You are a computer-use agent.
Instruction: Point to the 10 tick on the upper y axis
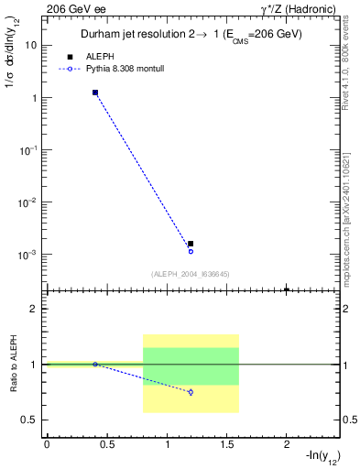[30, 45]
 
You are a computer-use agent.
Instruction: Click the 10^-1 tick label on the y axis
[28, 150]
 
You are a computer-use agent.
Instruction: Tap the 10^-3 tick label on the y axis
[28, 255]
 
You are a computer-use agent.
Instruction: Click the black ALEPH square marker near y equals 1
[95, 93]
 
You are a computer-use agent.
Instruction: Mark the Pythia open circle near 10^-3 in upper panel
[191, 251]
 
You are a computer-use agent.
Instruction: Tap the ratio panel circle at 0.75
[191, 392]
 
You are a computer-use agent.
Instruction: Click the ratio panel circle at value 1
[95, 365]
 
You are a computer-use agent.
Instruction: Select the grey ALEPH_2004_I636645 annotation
[191, 273]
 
